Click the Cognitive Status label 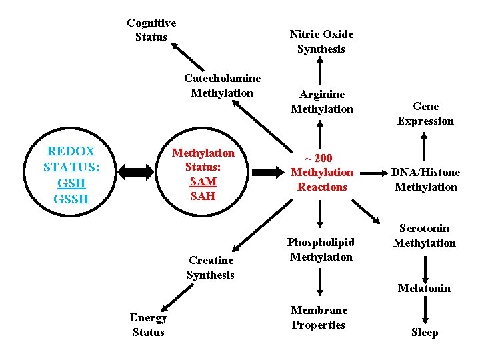pos(151,30)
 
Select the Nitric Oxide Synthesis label pos(321,41)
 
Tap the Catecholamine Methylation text pos(222,85)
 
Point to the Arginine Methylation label pos(321,101)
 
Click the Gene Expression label pos(425,113)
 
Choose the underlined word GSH pos(70,183)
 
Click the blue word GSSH pos(70,199)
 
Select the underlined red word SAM pos(203,181)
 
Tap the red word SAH pos(203,196)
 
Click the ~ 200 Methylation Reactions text pos(321,172)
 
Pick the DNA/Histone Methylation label pos(425,179)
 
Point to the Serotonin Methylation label pos(425,235)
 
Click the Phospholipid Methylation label pos(321,249)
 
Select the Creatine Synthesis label pos(211,267)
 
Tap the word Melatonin pos(424,288)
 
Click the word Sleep pos(425,332)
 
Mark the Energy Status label pos(148,325)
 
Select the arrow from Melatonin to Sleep pos(425,310)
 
